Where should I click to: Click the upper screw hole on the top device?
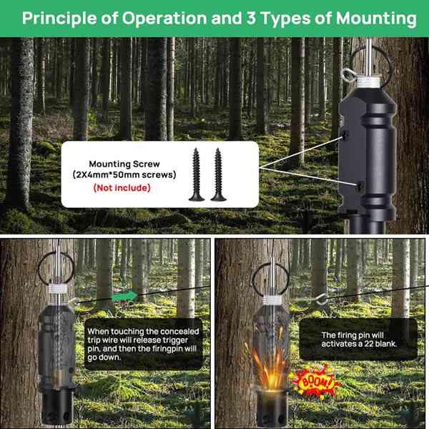point(346,133)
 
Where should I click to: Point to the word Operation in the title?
point(152,18)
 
